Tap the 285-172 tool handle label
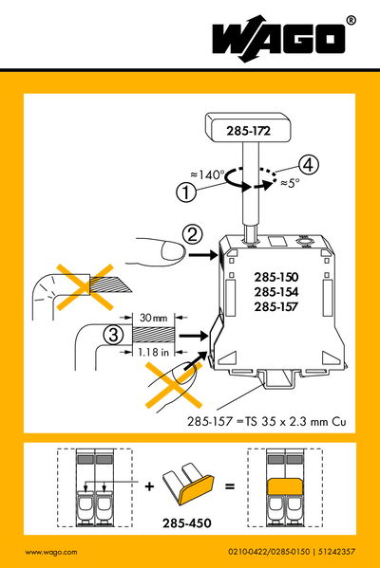tap(239, 130)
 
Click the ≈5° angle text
tap(301, 185)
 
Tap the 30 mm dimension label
tap(152, 317)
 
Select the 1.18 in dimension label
tap(152, 353)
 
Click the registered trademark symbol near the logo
tap(351, 20)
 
